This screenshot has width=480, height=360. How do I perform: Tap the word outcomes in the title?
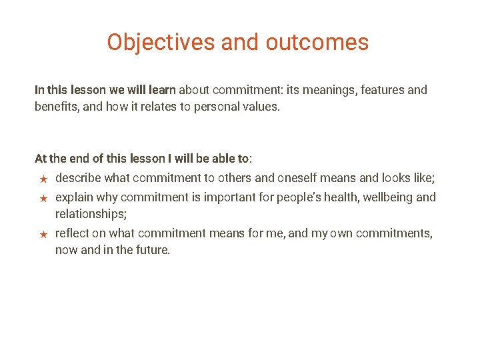(x=317, y=42)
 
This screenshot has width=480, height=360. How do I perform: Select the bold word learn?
(x=161, y=89)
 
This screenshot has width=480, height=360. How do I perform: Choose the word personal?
(x=216, y=107)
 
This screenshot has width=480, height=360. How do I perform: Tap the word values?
(x=261, y=107)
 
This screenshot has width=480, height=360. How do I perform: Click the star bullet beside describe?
(x=42, y=179)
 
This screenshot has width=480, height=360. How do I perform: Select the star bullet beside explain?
(x=42, y=198)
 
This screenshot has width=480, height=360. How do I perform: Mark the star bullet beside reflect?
(x=42, y=234)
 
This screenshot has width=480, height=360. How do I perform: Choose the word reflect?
(x=72, y=233)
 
